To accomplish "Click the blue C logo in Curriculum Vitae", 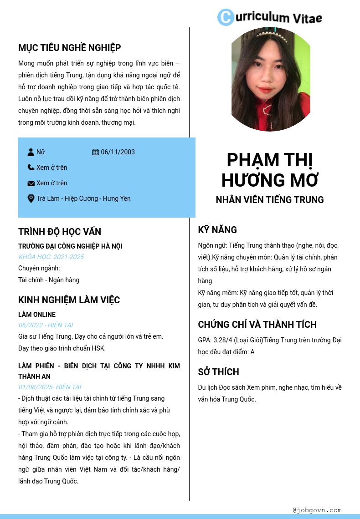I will click(225, 17).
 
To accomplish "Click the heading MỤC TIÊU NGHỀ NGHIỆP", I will click(69, 48).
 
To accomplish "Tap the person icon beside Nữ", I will click(31, 152).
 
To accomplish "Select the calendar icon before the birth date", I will click(96, 152).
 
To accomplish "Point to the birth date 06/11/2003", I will click(118, 152).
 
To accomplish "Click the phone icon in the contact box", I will click(31, 168).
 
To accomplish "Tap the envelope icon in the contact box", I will click(31, 183).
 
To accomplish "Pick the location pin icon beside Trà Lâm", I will click(31, 198).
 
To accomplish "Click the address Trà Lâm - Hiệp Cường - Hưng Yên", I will click(83, 198).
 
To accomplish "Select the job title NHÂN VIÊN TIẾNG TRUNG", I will click(270, 200).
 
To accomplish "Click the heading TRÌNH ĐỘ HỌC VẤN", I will click(60, 232).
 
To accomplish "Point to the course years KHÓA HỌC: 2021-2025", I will click(51, 257).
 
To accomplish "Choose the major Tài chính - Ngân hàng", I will click(49, 280).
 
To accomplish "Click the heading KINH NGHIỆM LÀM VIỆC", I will click(69, 300).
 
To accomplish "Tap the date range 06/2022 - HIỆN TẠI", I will click(46, 325).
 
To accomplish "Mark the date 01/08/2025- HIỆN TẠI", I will click(50, 387).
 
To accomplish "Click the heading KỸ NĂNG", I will click(217, 230).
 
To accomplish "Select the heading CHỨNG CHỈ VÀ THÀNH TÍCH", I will click(257, 325).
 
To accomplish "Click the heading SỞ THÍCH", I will click(218, 372).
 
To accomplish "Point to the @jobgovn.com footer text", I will click(317, 510).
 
